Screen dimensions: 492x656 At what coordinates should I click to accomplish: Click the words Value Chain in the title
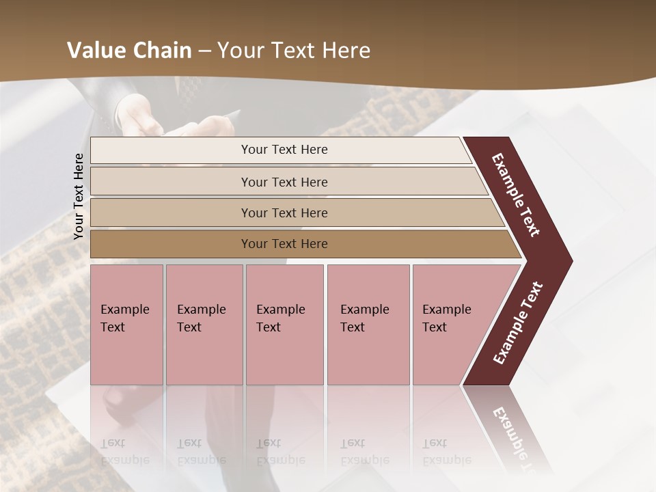click(129, 51)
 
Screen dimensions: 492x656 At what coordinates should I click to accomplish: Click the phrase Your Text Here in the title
click(294, 51)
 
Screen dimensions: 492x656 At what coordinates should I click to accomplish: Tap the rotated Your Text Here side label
click(79, 196)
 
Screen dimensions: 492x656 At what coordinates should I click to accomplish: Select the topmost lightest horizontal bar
click(284, 150)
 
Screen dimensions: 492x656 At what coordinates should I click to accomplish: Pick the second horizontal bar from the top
click(284, 182)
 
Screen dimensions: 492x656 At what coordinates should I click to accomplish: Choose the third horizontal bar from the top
click(284, 213)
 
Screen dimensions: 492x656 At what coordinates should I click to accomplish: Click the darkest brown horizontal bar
click(284, 244)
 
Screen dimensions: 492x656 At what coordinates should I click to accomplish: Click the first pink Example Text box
click(126, 325)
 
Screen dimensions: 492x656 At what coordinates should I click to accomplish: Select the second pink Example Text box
click(204, 325)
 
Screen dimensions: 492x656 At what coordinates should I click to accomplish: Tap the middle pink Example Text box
click(284, 325)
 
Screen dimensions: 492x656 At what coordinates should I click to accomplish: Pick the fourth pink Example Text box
click(368, 325)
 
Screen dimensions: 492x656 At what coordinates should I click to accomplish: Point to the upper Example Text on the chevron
click(516, 195)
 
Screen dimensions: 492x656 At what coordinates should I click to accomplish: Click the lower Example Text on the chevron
click(518, 323)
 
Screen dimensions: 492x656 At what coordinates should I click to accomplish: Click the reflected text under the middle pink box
click(280, 452)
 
